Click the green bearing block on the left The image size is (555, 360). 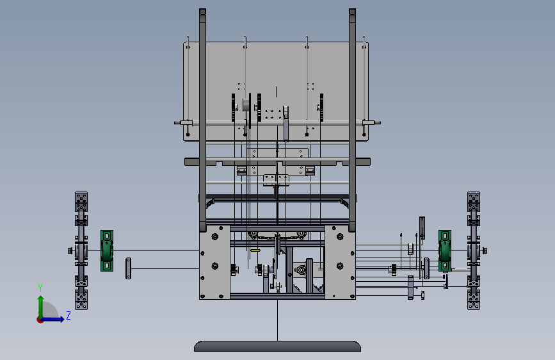[x=107, y=250]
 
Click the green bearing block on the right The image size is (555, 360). [x=445, y=250]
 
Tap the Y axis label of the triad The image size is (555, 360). [x=40, y=288]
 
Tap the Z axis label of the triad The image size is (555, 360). [x=68, y=315]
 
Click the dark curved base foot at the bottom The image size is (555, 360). [x=278, y=346]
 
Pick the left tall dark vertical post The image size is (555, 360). [x=202, y=120]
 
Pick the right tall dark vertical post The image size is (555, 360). [x=352, y=120]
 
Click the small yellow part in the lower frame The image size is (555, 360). [x=255, y=250]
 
